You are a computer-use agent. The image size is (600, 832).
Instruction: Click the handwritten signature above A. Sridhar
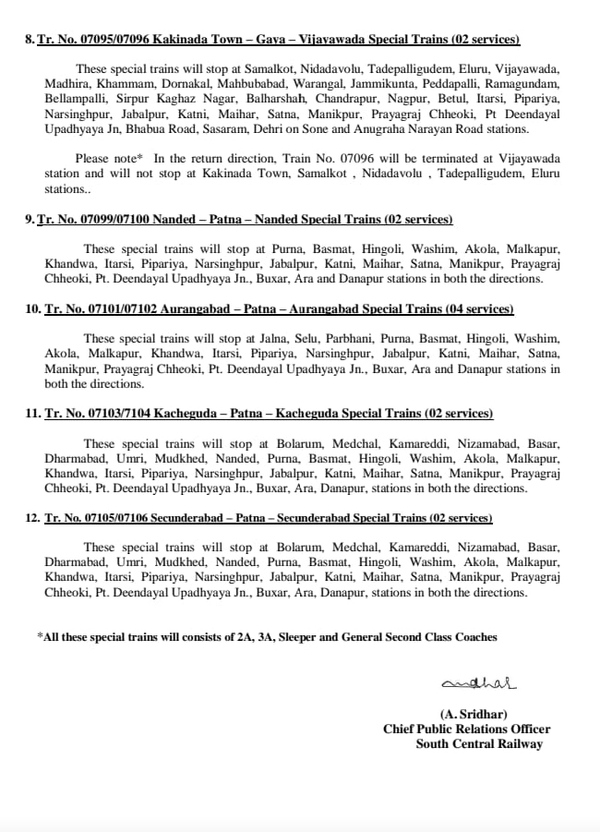[479, 683]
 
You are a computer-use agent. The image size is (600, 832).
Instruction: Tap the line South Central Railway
[479, 743]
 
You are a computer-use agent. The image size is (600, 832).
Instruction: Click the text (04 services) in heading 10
[474, 308]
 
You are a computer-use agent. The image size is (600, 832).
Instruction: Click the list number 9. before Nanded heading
[30, 220]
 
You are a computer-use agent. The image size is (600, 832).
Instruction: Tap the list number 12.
[33, 518]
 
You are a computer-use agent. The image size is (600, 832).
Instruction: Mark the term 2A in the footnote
[241, 636]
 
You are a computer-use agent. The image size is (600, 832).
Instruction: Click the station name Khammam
[114, 82]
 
